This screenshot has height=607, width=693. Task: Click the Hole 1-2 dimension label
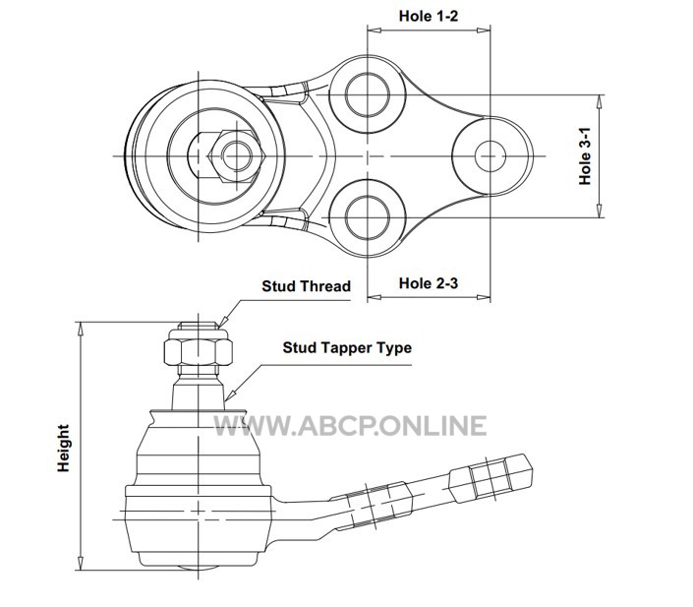pos(429,16)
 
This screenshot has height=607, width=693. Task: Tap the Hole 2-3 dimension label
pos(429,283)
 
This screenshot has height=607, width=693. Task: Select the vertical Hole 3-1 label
pos(585,156)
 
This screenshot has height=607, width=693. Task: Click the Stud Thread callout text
pos(306,286)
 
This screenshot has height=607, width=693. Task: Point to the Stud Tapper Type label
pos(347,347)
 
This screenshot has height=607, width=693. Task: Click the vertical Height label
pos(64,448)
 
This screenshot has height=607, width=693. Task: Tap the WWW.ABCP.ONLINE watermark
pos(350,426)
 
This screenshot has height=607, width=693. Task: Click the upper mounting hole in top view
pos(368,94)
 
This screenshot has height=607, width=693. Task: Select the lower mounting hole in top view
pos(368,217)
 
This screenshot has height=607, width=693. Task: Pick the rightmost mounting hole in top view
pos(491,156)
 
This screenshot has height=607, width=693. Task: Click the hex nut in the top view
pos(237,156)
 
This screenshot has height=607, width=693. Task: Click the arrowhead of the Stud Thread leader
pos(222,323)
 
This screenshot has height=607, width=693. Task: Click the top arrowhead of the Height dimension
pos(81,329)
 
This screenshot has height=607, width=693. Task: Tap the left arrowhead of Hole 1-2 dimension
pos(374,30)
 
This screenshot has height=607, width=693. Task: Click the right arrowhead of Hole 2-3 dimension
pos(484,296)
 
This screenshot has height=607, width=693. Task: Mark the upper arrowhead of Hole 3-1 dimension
pos(599,101)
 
